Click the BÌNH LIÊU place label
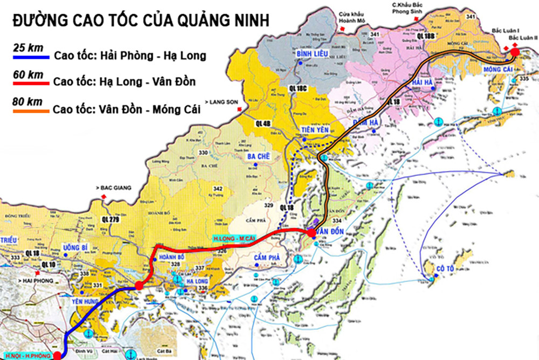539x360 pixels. pos(310,54)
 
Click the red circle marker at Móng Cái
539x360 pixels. pos(514,52)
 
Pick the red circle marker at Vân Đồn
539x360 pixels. pos(312,232)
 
